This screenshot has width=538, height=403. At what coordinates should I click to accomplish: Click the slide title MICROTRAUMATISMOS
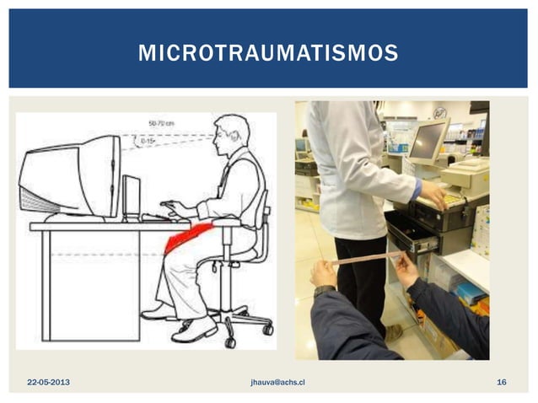(268, 54)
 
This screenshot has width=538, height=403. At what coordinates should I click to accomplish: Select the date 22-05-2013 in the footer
(48, 383)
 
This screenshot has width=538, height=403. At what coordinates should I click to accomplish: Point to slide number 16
(502, 383)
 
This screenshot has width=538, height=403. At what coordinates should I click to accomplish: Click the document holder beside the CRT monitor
(132, 196)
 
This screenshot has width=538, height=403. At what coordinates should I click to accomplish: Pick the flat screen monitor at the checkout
(427, 142)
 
